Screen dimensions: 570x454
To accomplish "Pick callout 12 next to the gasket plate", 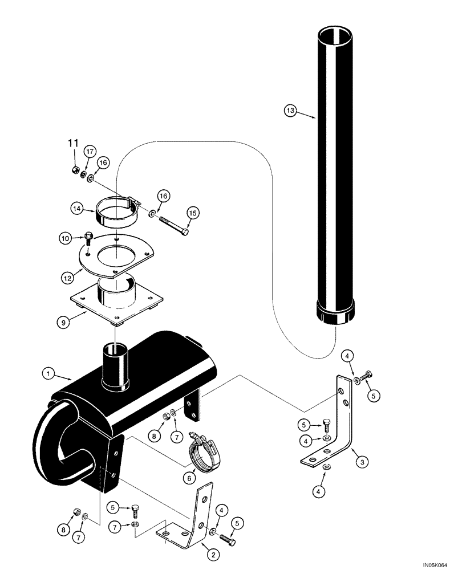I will (x=68, y=278).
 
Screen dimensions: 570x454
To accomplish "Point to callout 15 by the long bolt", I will (x=192, y=213).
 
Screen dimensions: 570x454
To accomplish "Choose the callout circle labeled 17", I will (x=90, y=151).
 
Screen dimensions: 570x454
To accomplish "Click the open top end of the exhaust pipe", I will (x=338, y=35).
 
